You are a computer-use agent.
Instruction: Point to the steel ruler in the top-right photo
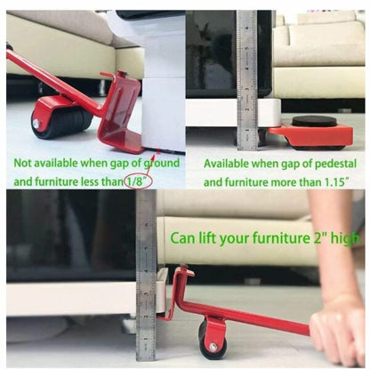[246, 80]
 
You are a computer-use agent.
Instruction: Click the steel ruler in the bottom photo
[146, 267]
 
